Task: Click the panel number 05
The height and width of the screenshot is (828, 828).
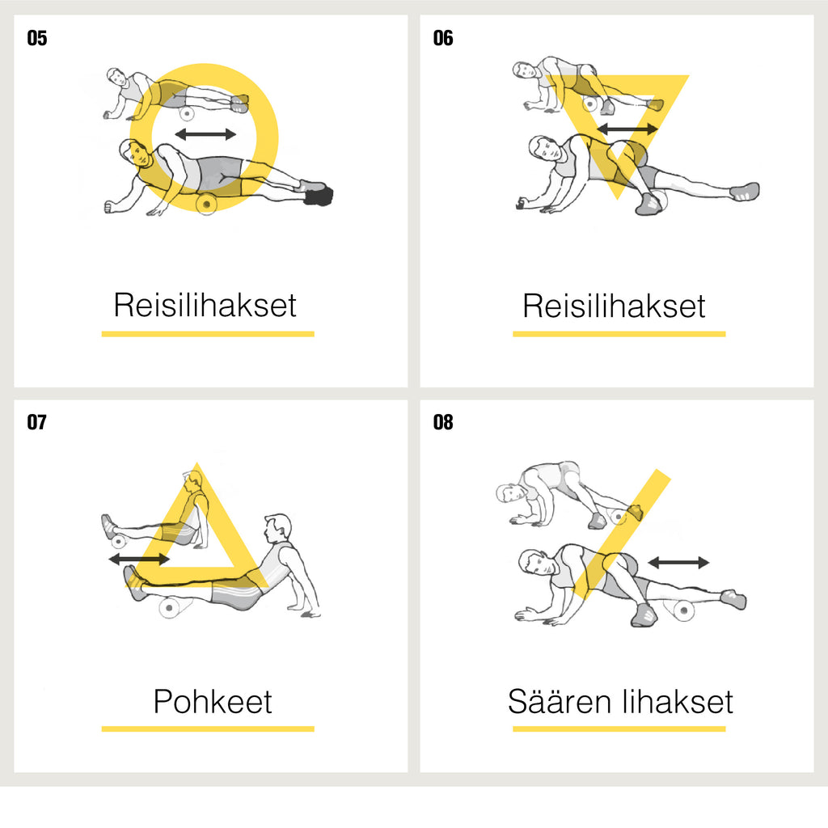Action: click(x=37, y=38)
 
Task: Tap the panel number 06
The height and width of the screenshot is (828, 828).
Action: click(x=443, y=38)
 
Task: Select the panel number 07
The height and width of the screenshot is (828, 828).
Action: click(x=37, y=422)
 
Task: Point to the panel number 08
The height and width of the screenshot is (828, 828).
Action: click(x=443, y=422)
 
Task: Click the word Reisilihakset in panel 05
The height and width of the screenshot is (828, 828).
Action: click(x=205, y=305)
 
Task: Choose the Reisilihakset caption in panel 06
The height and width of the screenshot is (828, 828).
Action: click(x=614, y=305)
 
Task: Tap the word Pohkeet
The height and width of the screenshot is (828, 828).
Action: click(x=213, y=701)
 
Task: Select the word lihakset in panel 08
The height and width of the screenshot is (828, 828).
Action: click(x=678, y=701)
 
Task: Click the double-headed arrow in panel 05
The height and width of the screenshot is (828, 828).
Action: click(x=205, y=134)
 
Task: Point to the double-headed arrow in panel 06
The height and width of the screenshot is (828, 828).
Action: click(x=627, y=129)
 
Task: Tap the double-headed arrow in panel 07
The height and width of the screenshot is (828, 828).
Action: click(x=139, y=559)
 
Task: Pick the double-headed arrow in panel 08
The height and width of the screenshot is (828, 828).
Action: click(x=678, y=563)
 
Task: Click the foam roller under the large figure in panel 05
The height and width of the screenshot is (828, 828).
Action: click(x=206, y=203)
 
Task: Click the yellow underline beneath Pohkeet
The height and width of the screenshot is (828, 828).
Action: click(x=208, y=729)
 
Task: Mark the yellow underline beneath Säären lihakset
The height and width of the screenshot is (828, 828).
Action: click(x=619, y=729)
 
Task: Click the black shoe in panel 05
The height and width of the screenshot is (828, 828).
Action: click(x=319, y=196)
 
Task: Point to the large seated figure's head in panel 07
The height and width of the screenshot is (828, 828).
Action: click(x=278, y=528)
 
